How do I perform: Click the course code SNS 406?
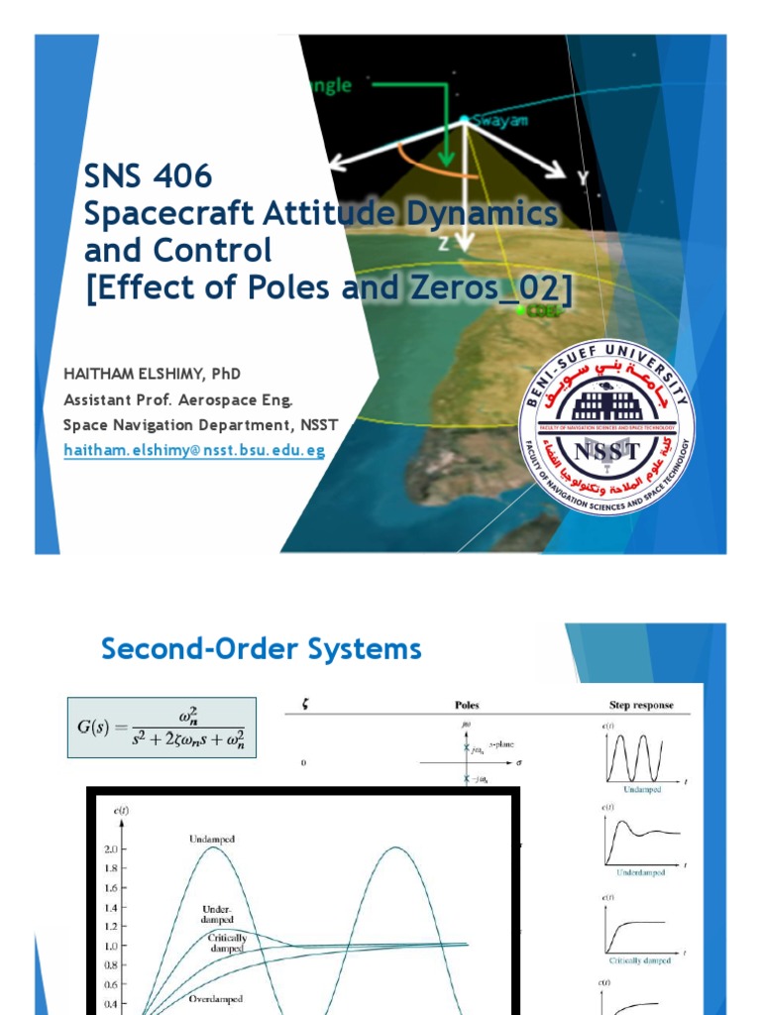148,177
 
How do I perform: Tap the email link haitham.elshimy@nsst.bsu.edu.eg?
194,450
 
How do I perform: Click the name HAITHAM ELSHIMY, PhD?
152,373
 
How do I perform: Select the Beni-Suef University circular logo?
606,430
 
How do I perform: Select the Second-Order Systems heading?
262,649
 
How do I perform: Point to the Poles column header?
467,706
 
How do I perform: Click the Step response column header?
641,706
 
